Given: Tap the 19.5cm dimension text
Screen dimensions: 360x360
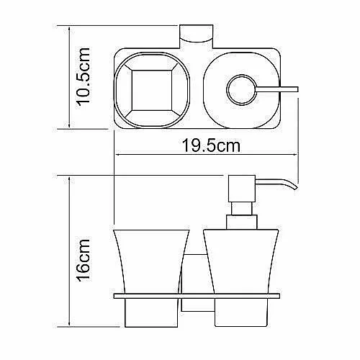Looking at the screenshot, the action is coord(211,145).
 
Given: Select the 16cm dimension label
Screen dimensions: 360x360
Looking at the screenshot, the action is coord(84,261).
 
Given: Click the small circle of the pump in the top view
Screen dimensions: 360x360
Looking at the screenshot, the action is coord(241,90).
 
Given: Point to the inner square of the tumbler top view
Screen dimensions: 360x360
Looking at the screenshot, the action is coord(152,91).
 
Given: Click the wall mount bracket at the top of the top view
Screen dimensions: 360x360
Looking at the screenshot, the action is coord(197,37).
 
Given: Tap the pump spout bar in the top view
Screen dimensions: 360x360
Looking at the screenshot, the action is coord(277,89).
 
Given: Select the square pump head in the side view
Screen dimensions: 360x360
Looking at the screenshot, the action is coord(242,189).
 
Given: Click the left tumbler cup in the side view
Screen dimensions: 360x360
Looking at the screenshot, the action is coord(151,279).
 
